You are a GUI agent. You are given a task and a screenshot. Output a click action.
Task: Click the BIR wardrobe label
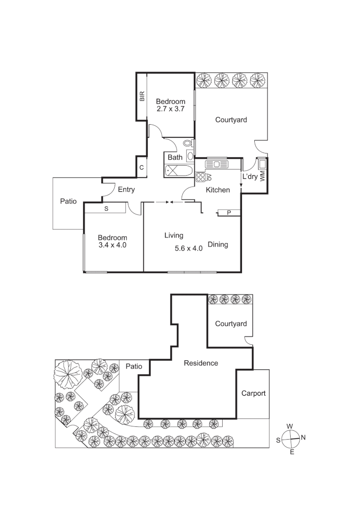(142, 97)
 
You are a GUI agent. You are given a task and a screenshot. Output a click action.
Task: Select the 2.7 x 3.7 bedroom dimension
(170, 109)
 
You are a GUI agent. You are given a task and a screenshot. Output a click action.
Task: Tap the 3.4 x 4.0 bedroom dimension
(112, 245)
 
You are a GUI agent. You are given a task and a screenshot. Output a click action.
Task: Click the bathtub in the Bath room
(178, 170)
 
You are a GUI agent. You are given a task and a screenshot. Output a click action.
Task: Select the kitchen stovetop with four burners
(201, 178)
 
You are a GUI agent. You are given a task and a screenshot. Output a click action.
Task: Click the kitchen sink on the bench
(217, 164)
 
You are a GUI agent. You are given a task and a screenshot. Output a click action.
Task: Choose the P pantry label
(229, 213)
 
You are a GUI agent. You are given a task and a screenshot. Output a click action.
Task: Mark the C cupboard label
(142, 168)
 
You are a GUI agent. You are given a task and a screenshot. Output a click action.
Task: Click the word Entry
(126, 190)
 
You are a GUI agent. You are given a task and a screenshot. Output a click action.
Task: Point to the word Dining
(218, 245)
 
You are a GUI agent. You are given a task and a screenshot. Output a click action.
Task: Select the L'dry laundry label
(250, 177)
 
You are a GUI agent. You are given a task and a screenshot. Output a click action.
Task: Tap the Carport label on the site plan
(253, 393)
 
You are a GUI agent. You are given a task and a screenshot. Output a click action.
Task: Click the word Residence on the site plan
(201, 363)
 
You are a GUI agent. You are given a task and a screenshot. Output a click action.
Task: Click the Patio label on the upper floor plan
(68, 201)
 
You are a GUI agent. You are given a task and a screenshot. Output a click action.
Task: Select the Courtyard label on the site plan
(231, 323)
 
